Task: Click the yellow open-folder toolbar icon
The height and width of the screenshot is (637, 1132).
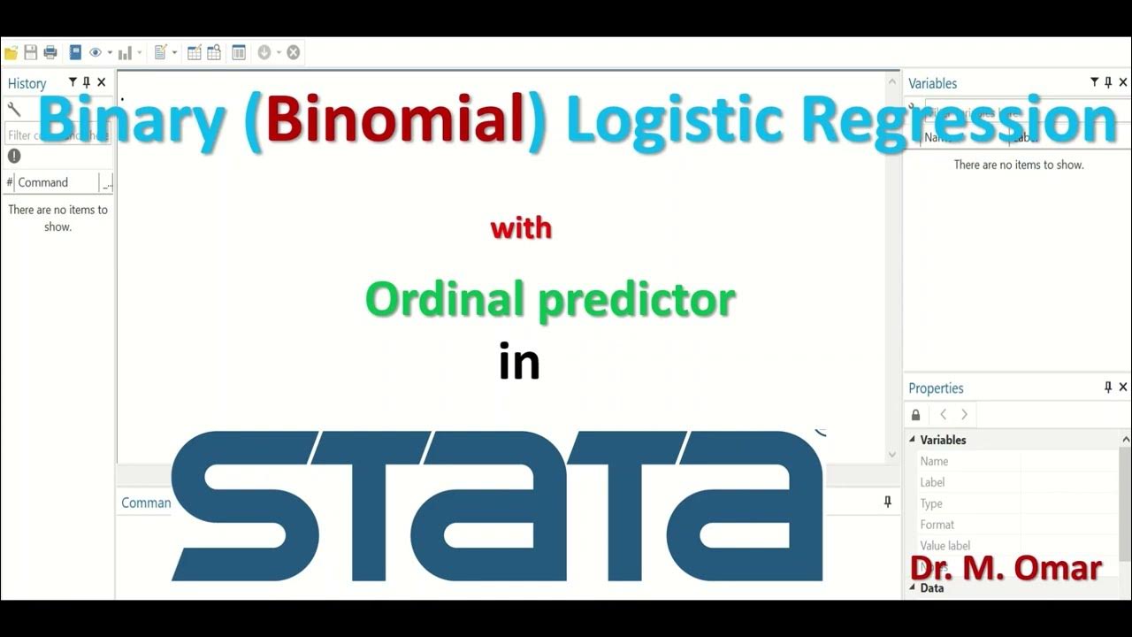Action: click(x=11, y=53)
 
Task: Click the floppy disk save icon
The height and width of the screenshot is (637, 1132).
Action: click(x=31, y=53)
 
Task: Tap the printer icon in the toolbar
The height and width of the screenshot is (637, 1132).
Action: click(x=50, y=53)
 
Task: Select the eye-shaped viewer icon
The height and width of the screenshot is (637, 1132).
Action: click(x=95, y=53)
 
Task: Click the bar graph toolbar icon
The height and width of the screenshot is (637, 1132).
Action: click(x=125, y=53)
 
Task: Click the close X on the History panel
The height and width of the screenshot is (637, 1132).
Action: click(x=102, y=82)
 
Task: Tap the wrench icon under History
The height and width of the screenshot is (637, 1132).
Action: click(x=14, y=109)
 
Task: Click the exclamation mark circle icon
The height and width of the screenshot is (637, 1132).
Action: click(x=14, y=156)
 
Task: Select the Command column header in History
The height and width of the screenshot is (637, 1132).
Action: click(x=43, y=182)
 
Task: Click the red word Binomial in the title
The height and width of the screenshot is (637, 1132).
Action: click(x=396, y=120)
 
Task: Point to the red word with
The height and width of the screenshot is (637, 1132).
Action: click(x=521, y=228)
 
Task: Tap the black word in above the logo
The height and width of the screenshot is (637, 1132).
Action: click(x=519, y=363)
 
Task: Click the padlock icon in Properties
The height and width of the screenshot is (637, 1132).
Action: click(x=915, y=415)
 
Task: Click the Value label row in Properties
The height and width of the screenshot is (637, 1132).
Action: click(x=945, y=546)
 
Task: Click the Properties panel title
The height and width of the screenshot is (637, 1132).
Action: click(x=936, y=388)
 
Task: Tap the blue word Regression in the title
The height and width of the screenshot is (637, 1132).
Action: click(x=959, y=120)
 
